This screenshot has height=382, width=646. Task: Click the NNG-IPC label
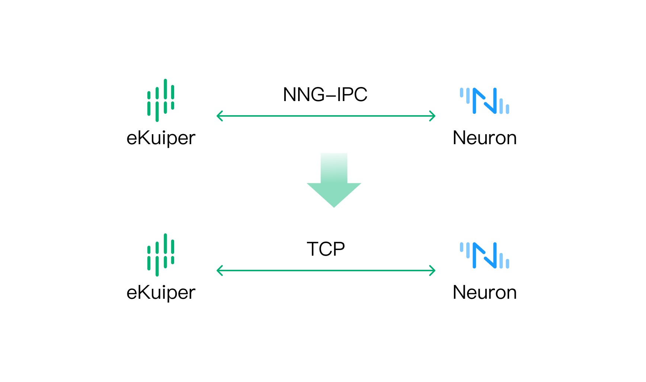325,94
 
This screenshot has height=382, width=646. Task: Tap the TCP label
326,249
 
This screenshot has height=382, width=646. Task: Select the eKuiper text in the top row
161,138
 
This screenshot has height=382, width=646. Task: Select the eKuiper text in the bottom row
161,293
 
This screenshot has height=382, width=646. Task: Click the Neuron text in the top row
485,138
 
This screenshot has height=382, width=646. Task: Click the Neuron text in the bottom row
485,293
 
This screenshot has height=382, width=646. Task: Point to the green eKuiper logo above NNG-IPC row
161,100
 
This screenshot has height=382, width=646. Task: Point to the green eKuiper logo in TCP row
161,255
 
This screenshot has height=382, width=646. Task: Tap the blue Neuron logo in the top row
485,101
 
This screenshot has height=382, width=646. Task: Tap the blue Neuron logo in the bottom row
485,255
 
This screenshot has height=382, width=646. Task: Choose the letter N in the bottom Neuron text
460,292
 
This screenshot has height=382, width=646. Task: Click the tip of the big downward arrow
334,206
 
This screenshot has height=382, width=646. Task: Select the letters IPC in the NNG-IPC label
352,94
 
